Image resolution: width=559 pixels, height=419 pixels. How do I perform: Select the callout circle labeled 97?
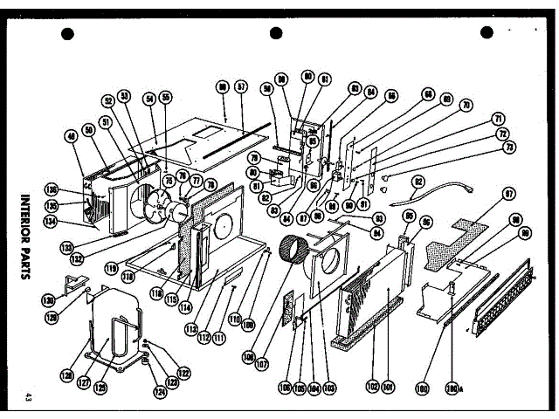[x=508, y=194]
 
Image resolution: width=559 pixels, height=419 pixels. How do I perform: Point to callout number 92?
[x=418, y=182]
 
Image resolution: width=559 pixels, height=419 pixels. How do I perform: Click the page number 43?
[x=29, y=399]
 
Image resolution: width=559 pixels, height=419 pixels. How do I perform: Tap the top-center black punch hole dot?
[x=276, y=33]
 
